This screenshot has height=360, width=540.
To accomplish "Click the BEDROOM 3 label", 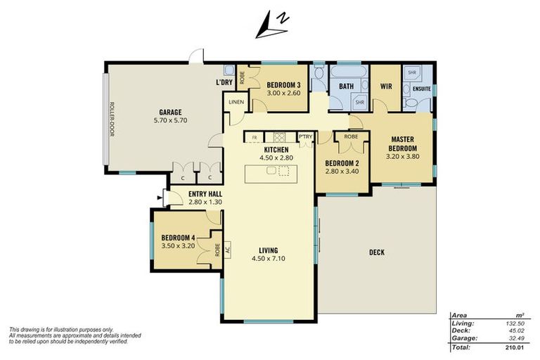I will [284, 84].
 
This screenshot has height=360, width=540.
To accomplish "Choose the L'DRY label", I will [224, 84].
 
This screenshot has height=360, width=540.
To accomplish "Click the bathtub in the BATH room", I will [348, 72].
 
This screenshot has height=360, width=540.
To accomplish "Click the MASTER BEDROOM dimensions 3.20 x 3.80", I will [402, 157].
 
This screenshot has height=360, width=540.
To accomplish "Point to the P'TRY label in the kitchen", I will [305, 137].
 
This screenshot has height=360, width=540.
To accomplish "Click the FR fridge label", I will [254, 137].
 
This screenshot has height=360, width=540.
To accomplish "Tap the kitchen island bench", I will [271, 173].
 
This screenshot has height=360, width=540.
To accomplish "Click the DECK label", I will [376, 252].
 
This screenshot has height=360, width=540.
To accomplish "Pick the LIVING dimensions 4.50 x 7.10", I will [268, 258].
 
